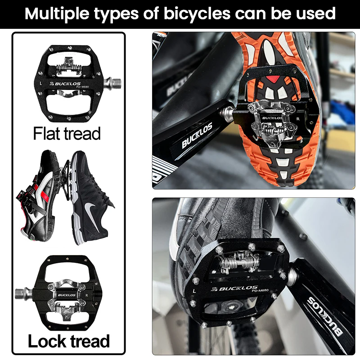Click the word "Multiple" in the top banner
click(57, 13)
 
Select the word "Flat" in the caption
click(47, 133)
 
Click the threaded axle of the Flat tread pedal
click(112, 82)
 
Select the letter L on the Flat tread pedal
click(40, 83)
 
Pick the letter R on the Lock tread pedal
click(86, 295)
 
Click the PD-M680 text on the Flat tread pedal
click(82, 87)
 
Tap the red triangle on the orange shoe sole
click(273, 79)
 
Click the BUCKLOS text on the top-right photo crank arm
click(197, 135)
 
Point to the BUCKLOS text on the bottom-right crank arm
click(325, 316)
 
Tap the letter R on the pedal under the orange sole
click(298, 119)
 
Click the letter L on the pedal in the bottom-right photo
click(194, 291)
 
